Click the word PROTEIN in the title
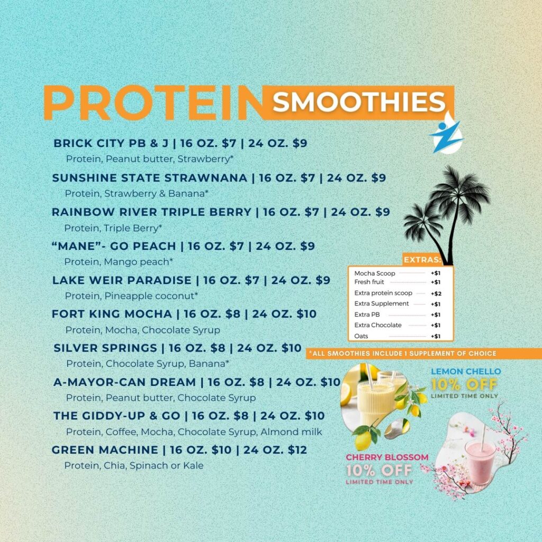click(x=154, y=103)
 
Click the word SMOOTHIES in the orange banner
click(x=359, y=102)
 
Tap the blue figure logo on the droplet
click(x=446, y=136)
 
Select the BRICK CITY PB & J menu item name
click(x=111, y=143)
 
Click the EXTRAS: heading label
click(x=422, y=259)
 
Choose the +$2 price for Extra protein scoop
click(x=436, y=293)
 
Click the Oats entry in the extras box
click(x=361, y=336)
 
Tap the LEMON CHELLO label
click(x=466, y=372)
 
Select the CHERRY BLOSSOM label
click(x=387, y=457)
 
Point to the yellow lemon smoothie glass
click(x=375, y=403)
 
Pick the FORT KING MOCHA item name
click(x=112, y=314)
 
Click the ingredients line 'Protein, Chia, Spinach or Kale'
click(x=134, y=466)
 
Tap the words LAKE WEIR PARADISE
click(x=122, y=280)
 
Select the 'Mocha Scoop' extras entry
click(x=375, y=273)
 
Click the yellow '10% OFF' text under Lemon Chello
click(x=464, y=384)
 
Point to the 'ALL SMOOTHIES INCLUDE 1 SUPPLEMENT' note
click(x=403, y=354)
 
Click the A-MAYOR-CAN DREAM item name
click(x=124, y=382)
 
